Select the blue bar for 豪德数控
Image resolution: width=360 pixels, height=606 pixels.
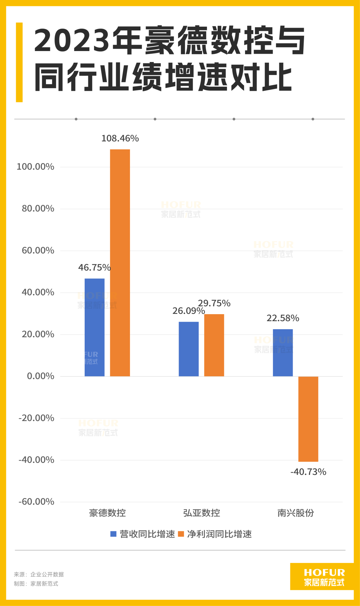pyautogui.click(x=94, y=327)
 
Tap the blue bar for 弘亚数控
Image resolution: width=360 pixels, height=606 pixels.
pyautogui.click(x=189, y=349)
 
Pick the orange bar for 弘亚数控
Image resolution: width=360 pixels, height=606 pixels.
pyautogui.click(x=214, y=345)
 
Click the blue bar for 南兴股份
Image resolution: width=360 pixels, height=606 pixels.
pyautogui.click(x=283, y=353)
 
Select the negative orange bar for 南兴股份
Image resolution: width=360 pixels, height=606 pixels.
pyautogui.click(x=308, y=419)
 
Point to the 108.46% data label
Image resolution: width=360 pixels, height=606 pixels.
pyautogui.click(x=120, y=138)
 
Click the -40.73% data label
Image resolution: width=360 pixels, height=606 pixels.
pyautogui.click(x=308, y=472)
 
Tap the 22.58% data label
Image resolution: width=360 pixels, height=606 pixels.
pyautogui.click(x=283, y=318)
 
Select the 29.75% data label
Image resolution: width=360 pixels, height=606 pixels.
pyautogui.click(x=214, y=303)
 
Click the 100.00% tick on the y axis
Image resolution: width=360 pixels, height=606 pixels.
pyautogui.click(x=35, y=167)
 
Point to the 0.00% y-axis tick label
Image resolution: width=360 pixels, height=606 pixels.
pyautogui.click(x=40, y=376)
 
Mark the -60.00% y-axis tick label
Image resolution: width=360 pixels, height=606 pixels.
pyautogui.click(x=36, y=502)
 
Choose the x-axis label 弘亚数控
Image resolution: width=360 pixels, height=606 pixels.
pyautogui.click(x=202, y=513)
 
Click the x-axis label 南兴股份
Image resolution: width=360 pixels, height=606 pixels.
pyautogui.click(x=296, y=513)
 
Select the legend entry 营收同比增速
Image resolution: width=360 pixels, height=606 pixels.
pyautogui.click(x=143, y=534)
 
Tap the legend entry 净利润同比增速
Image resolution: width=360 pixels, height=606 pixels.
pyautogui.click(x=215, y=534)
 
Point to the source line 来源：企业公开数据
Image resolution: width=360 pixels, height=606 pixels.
pyautogui.click(x=39, y=574)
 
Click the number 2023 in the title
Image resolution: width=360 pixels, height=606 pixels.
pyautogui.click(x=72, y=41)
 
